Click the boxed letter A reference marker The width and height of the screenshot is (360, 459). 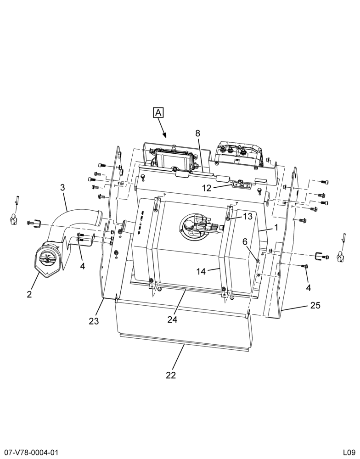tap(158, 113)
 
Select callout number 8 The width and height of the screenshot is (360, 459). tap(198, 133)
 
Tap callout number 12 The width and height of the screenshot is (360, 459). tap(207, 188)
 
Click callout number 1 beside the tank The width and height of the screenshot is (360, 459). tap(276, 227)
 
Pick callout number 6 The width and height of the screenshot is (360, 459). tap(245, 241)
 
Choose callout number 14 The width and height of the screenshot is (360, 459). tap(201, 271)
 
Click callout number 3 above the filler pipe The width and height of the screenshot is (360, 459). tap(62, 187)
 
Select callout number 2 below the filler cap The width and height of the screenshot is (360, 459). tap(29, 294)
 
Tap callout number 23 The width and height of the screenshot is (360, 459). tap(94, 321)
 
